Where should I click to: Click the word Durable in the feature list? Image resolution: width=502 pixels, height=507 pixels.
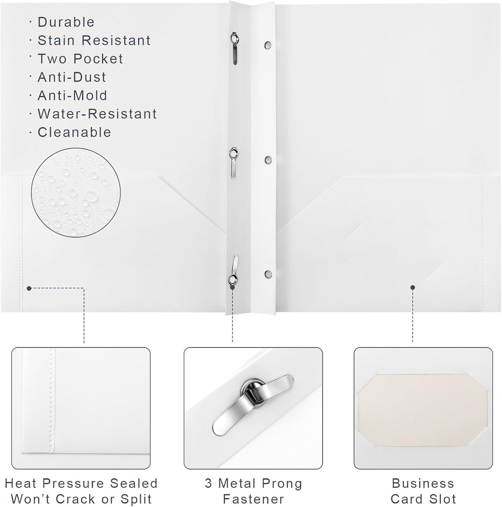click(x=66, y=22)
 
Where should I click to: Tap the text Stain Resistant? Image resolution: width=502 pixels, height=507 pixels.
click(x=94, y=41)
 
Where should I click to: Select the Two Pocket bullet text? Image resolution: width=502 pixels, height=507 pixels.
click(x=80, y=59)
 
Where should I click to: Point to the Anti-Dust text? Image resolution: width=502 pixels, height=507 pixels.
click(x=72, y=77)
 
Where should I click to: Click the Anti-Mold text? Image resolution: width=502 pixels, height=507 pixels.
click(x=72, y=96)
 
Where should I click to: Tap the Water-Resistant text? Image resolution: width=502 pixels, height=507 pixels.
click(x=97, y=114)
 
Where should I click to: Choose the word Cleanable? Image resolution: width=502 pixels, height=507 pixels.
click(x=74, y=132)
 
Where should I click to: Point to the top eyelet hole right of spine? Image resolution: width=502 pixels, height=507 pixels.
click(x=268, y=45)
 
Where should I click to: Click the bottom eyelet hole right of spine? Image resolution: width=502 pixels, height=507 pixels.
click(x=268, y=273)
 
